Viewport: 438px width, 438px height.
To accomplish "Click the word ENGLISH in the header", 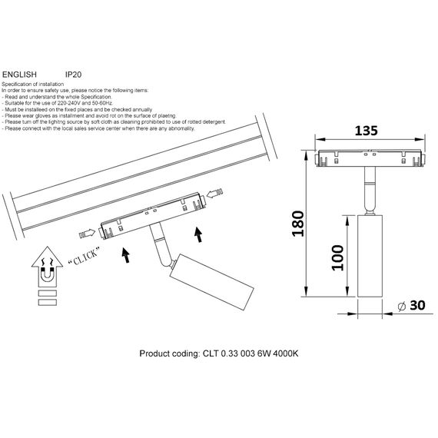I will point(20,74).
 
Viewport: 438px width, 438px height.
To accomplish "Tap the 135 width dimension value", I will point(368,130).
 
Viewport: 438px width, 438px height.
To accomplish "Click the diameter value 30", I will point(417,306).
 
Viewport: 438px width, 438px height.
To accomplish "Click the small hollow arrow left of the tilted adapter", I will point(88,231).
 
